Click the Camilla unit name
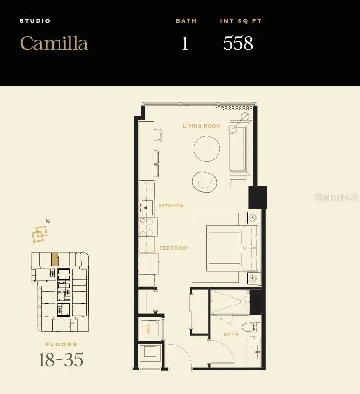point(54,43)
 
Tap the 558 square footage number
point(238,43)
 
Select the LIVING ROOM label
point(201,126)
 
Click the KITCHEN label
point(171,206)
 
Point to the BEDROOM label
point(173,248)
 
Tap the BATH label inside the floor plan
point(230,334)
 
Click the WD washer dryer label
point(148,329)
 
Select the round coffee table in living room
point(207,148)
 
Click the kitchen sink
point(146,207)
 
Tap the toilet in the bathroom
point(251,327)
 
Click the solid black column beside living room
point(258,197)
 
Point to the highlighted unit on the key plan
point(55,259)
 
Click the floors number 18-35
point(61,360)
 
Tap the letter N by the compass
point(48,221)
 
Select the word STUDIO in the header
point(35,21)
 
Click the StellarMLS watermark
point(336,197)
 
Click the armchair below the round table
point(205,182)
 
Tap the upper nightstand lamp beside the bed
point(253,218)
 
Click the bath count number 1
point(185,43)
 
